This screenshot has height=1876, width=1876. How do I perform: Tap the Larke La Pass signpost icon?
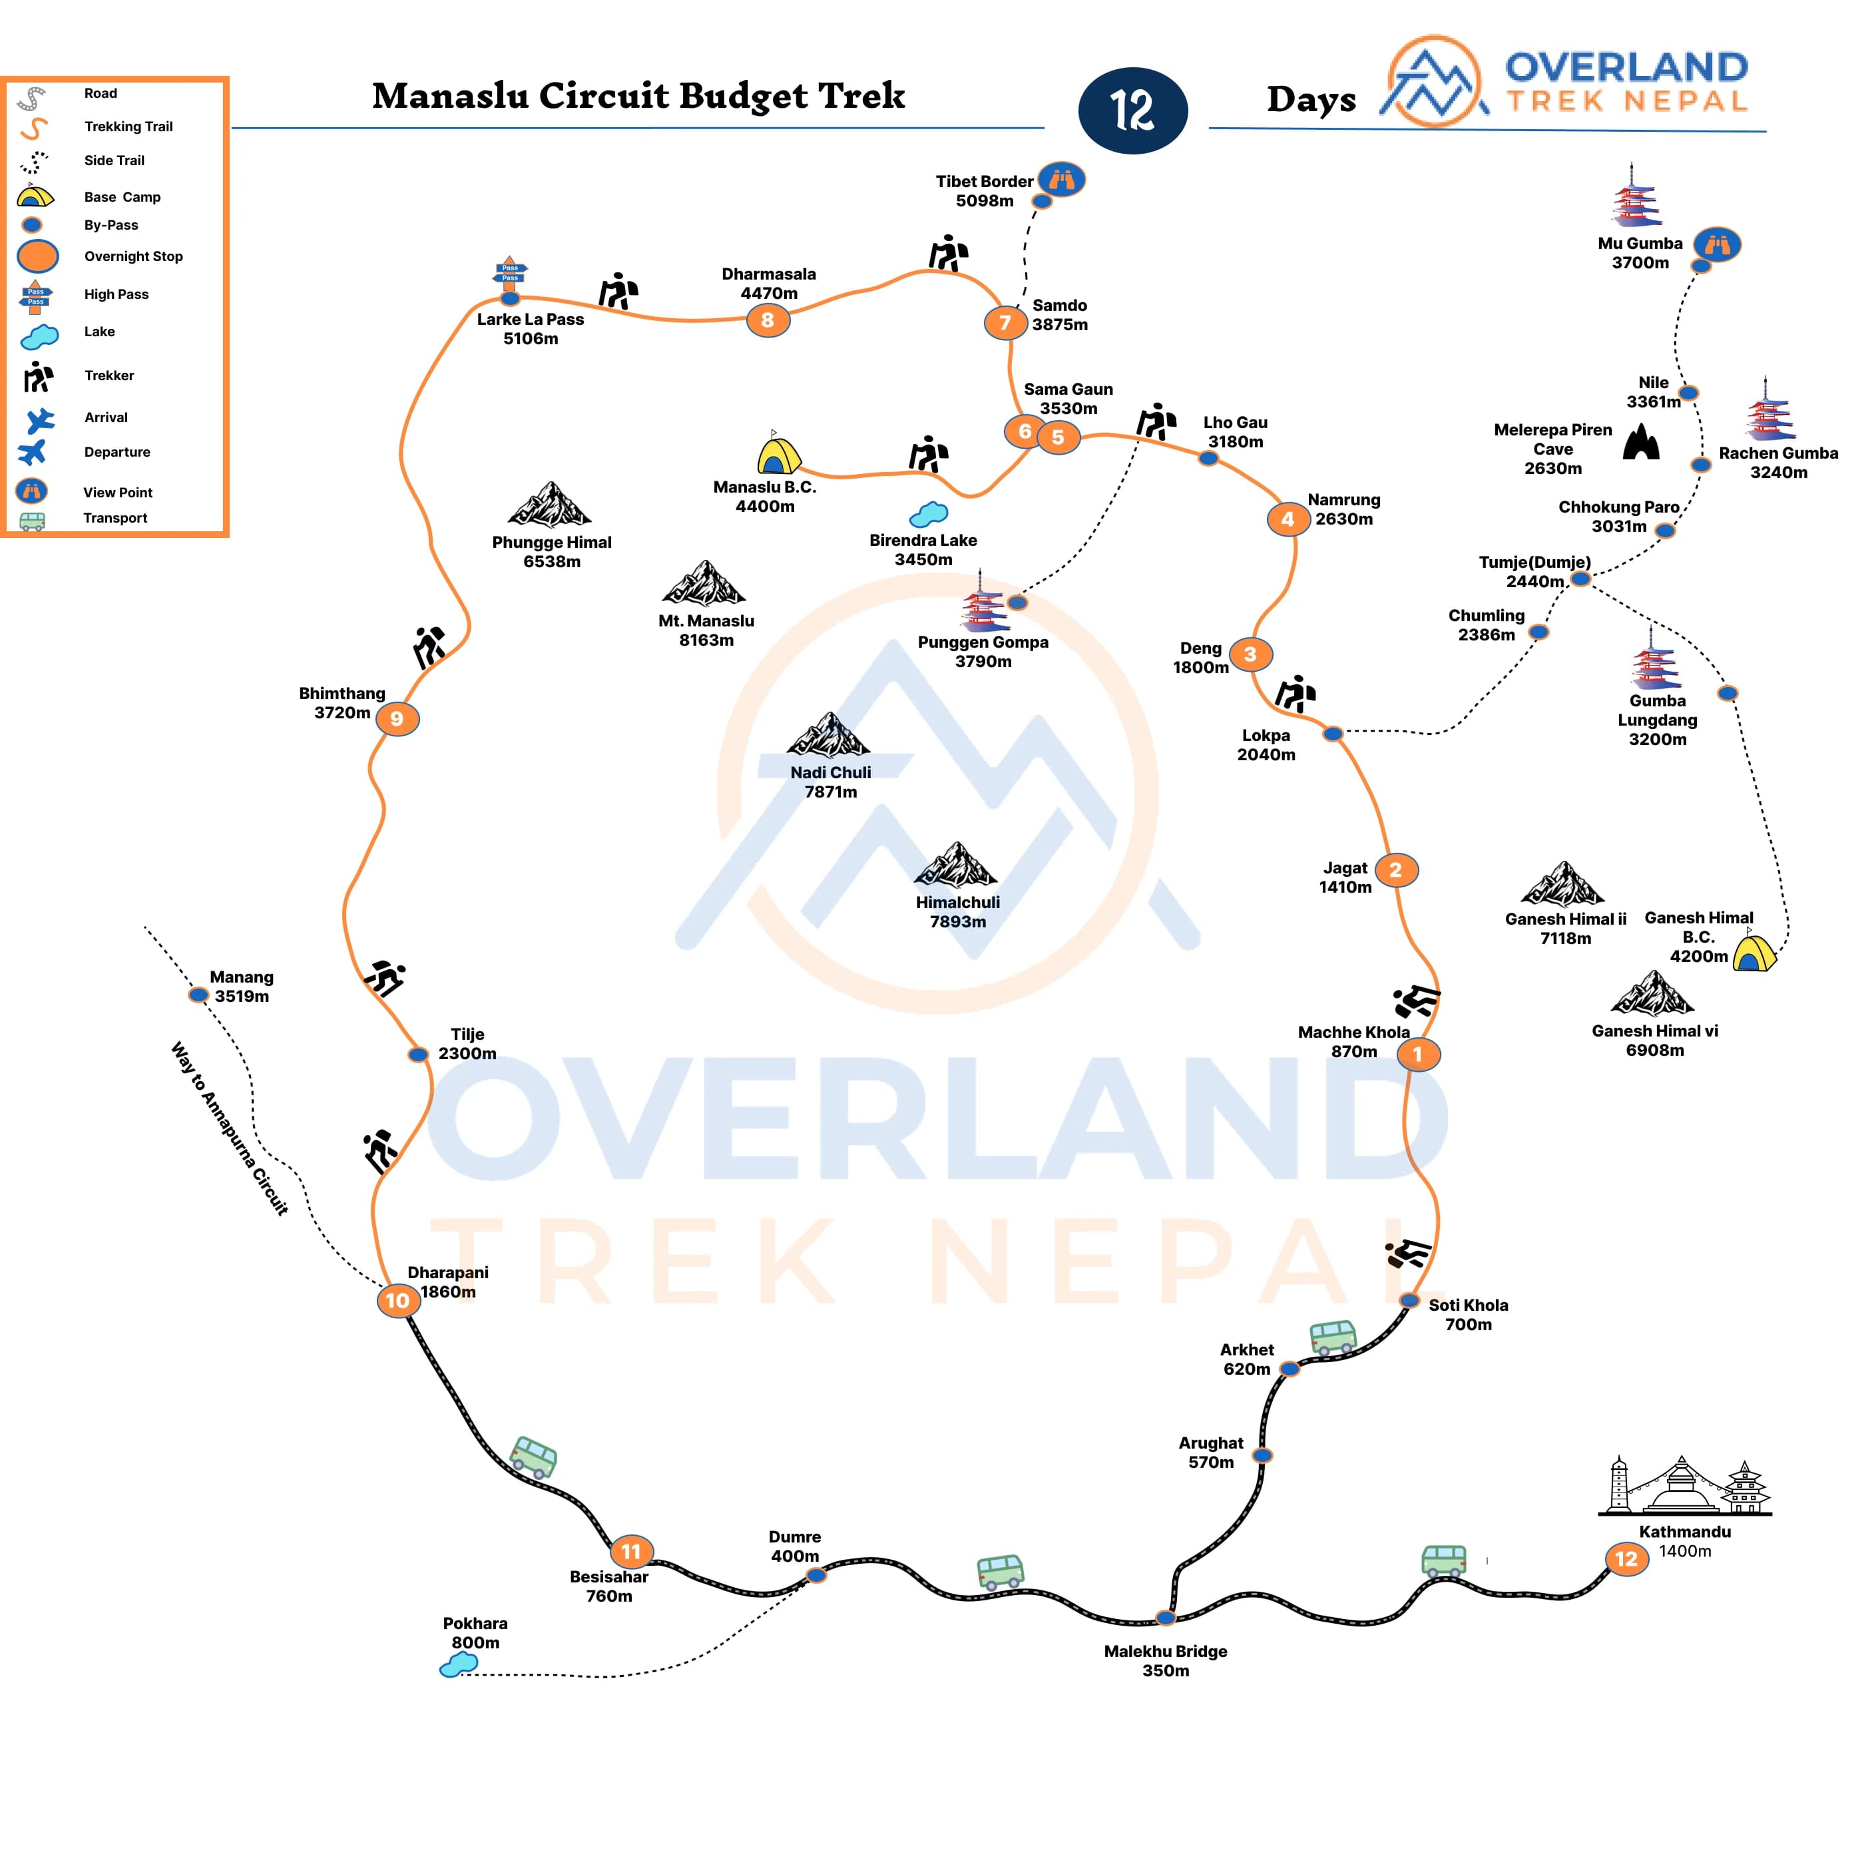click(511, 273)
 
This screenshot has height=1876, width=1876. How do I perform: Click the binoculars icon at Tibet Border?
click(1061, 180)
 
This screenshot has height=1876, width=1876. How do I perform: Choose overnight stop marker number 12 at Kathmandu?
click(1626, 1559)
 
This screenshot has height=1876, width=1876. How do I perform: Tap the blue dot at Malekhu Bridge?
click(1165, 1618)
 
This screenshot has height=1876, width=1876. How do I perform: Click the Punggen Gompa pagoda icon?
click(983, 602)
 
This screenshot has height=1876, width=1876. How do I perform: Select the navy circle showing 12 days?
click(1133, 111)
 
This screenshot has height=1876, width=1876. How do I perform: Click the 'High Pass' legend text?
click(117, 294)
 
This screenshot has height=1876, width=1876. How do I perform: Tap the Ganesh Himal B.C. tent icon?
click(1754, 951)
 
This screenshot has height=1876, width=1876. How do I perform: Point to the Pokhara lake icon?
click(458, 1665)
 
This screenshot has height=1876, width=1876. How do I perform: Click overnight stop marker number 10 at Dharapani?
click(398, 1300)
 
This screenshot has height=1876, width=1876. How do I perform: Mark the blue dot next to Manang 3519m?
click(198, 995)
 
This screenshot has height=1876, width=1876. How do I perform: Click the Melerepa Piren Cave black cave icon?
click(1641, 443)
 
